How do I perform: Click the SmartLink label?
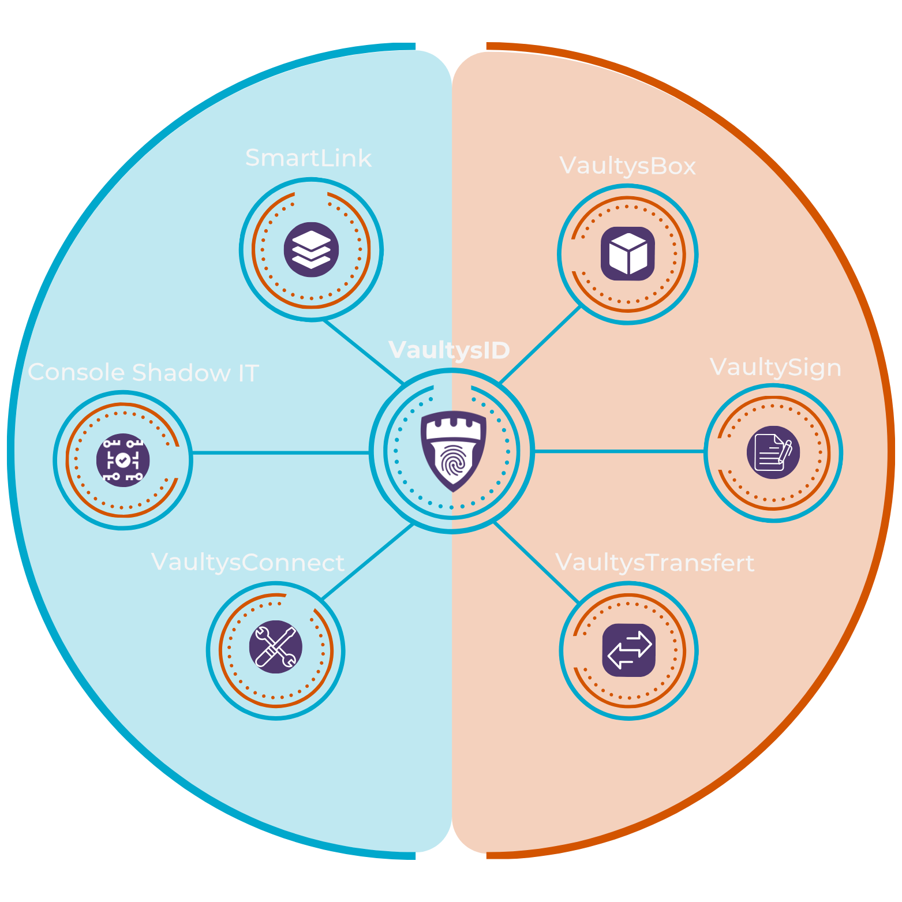point(308,158)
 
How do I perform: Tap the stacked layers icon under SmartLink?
point(311,250)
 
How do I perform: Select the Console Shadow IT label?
point(143,373)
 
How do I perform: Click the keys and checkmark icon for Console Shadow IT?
point(123,460)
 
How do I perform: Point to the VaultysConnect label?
point(248,563)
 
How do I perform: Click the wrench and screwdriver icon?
point(276,647)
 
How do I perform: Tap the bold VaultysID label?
point(449,350)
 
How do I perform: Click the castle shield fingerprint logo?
point(454,450)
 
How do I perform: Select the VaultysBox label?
point(627,166)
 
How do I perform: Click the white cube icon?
point(628,254)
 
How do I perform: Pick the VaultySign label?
point(775,368)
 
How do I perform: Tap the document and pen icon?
point(773,452)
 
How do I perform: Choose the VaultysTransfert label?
point(654,563)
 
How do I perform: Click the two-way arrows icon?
point(629,650)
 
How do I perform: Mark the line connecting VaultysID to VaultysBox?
point(541,345)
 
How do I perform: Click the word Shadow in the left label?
point(182,373)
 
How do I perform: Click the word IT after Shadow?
point(248,373)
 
